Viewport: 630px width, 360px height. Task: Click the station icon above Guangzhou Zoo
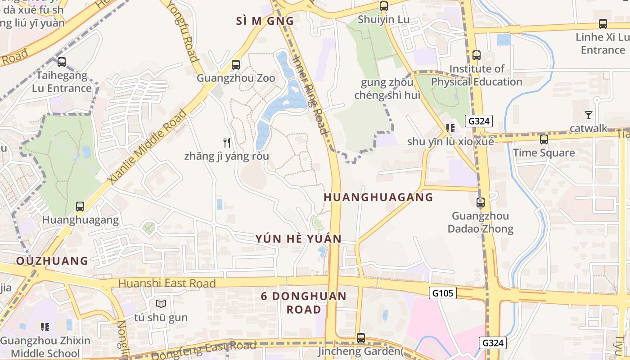pos(236,65)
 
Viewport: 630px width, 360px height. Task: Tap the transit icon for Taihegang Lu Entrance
pos(62,62)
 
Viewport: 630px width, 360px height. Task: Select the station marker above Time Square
pos(544,139)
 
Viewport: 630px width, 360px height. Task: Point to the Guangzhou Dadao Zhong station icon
pos(481,202)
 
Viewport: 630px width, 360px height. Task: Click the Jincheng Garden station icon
pos(360,337)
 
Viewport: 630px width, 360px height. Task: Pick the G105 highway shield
pos(442,293)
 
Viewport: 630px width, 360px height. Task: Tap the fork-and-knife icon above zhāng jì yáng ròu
pos(227,143)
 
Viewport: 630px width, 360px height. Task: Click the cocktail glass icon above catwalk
pos(588,115)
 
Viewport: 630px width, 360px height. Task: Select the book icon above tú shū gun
pos(161,304)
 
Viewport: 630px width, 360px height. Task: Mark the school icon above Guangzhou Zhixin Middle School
pos(45,327)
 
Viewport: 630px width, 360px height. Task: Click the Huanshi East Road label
pos(167,283)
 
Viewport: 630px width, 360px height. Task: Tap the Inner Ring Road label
pos(310,95)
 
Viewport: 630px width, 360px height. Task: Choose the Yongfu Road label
pos(183,31)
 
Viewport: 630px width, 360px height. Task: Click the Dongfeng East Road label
pos(203,350)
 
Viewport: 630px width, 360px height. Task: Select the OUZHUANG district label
pos(52,261)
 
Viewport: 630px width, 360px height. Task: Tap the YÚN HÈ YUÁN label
pos(299,239)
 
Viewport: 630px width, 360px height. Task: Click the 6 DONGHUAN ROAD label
pos(304,303)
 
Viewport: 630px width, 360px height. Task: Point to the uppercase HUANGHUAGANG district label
pos(378,197)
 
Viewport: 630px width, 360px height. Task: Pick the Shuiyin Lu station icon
pos(383,6)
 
